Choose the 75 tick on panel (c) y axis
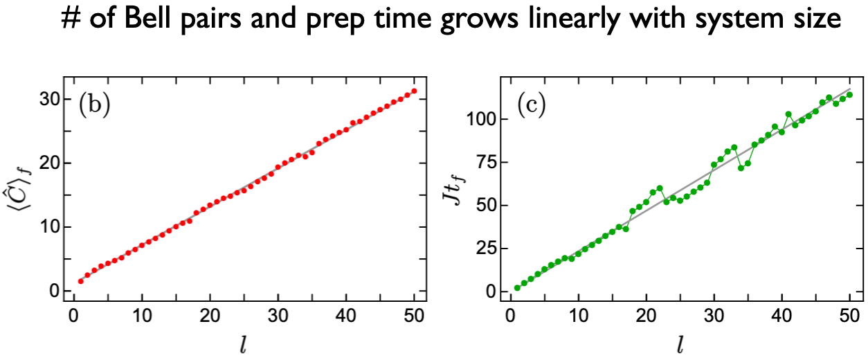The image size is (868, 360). [487, 163]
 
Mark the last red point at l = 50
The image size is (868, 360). [414, 91]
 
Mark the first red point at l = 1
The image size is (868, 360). [80, 281]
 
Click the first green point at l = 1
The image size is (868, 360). [517, 288]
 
